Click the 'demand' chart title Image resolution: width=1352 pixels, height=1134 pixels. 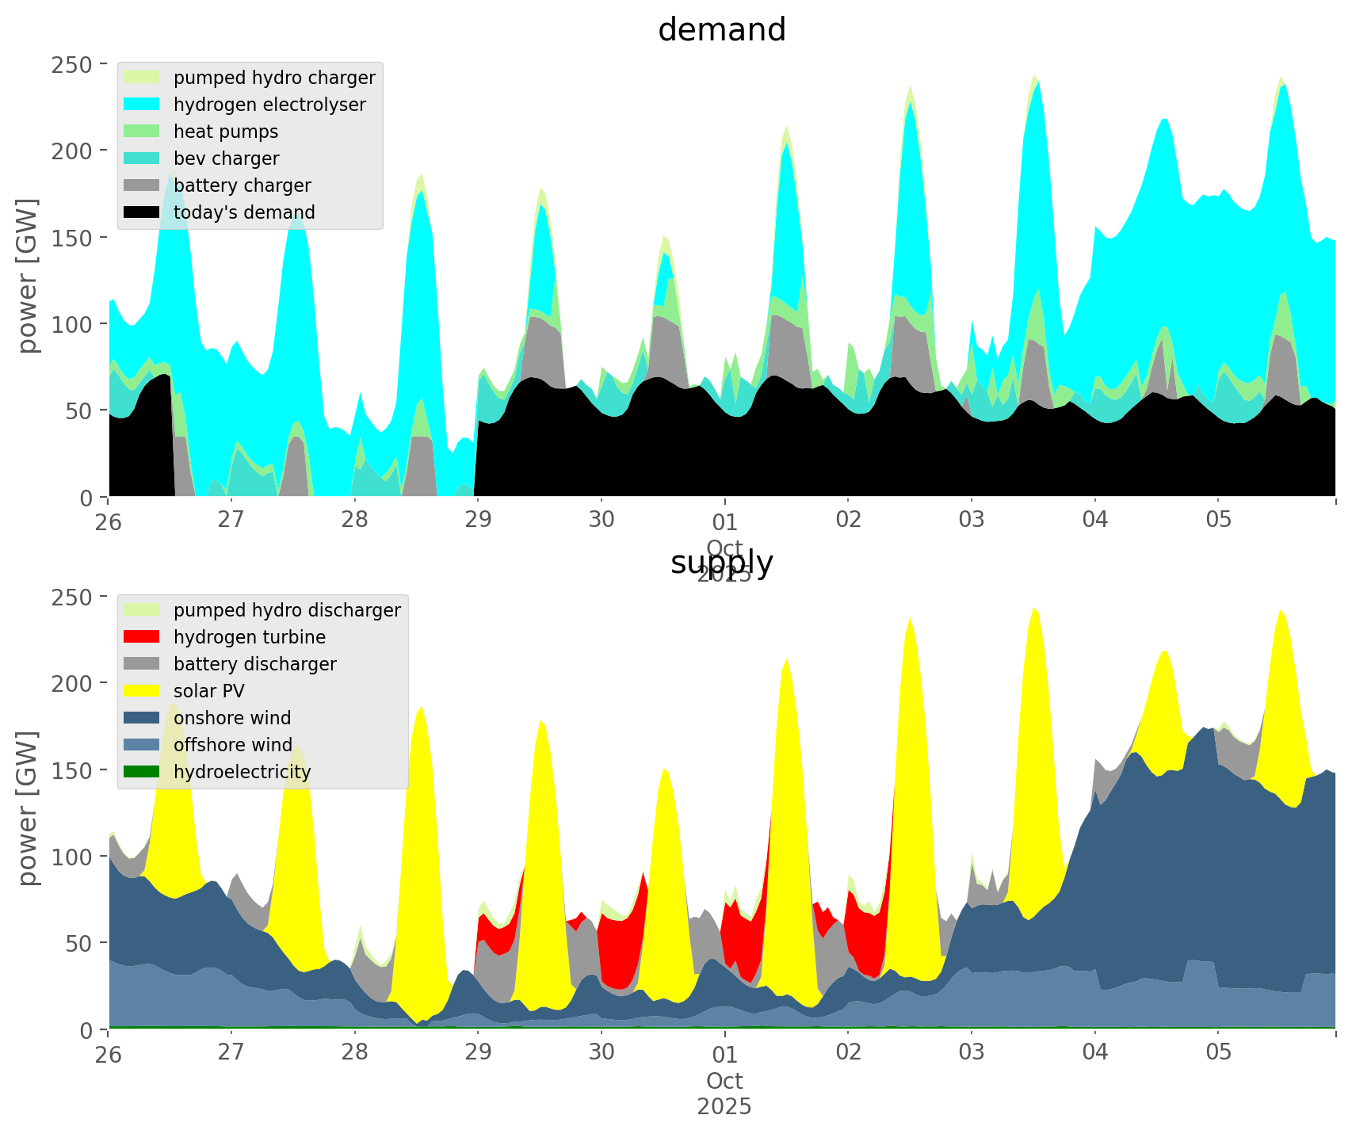721,30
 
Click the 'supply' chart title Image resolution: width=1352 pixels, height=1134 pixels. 721,563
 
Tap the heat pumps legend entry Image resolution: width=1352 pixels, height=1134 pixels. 226,132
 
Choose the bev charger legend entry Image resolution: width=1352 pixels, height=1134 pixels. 226,158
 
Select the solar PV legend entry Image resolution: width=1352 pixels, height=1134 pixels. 209,691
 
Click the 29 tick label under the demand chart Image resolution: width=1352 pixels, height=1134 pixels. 478,520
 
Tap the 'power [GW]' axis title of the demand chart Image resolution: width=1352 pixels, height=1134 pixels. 28,275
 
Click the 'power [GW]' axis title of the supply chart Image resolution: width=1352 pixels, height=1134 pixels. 28,808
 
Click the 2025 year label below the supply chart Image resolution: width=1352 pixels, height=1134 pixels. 724,1106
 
